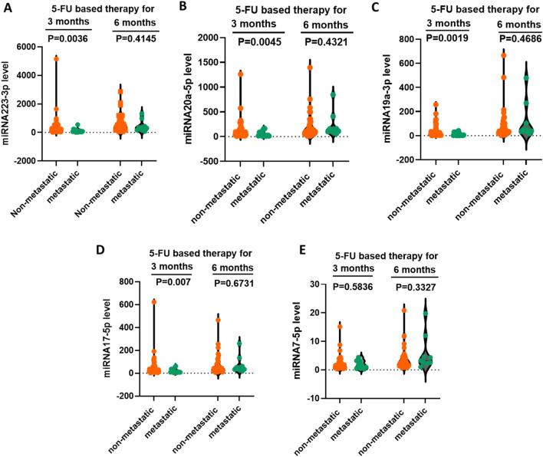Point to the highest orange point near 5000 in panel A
point(55,58)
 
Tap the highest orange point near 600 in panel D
point(154,301)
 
